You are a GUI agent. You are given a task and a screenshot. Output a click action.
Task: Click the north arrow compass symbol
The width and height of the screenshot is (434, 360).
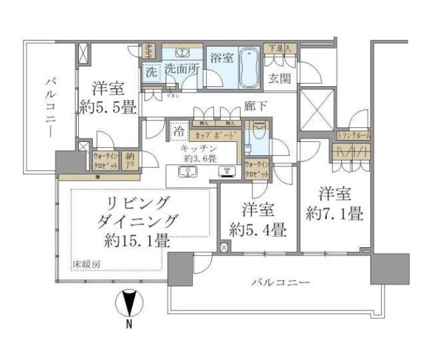pos(129,305)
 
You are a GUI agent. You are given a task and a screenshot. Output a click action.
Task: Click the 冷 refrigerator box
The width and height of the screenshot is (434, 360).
pos(180,132)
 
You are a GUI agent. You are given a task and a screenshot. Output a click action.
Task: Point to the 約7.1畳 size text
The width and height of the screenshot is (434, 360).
pos(334,214)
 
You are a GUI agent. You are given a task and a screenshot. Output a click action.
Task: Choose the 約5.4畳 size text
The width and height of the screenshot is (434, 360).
pos(257,229)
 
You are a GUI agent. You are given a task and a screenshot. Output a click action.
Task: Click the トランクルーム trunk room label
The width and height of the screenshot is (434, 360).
pos(353,135)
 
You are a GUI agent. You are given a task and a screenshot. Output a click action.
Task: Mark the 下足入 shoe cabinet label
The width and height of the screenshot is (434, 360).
pos(280,48)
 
